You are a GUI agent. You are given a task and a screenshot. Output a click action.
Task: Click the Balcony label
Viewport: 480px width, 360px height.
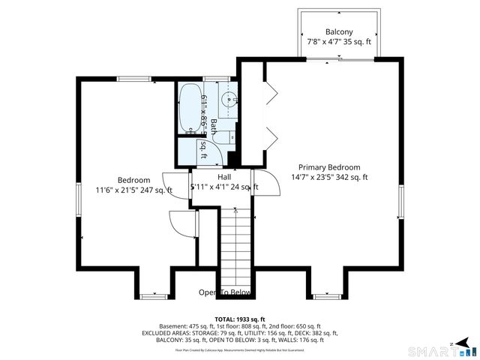[339, 32]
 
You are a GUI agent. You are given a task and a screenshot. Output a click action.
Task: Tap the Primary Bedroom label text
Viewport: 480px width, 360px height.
[329, 167]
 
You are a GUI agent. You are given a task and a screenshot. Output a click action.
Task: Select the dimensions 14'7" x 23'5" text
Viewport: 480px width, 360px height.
[311, 178]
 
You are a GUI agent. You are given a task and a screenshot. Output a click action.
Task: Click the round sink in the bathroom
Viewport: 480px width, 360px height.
[230, 97]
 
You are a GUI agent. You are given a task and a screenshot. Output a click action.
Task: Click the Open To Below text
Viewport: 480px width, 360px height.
[224, 292]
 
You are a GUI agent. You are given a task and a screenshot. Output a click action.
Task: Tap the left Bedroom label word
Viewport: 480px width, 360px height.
[133, 180]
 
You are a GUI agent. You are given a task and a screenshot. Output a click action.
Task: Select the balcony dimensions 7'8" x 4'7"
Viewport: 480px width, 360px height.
[324, 43]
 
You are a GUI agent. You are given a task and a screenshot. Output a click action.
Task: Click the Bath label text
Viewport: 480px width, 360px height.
[214, 127]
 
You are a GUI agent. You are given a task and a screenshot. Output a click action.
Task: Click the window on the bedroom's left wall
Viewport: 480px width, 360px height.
[79, 202]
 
